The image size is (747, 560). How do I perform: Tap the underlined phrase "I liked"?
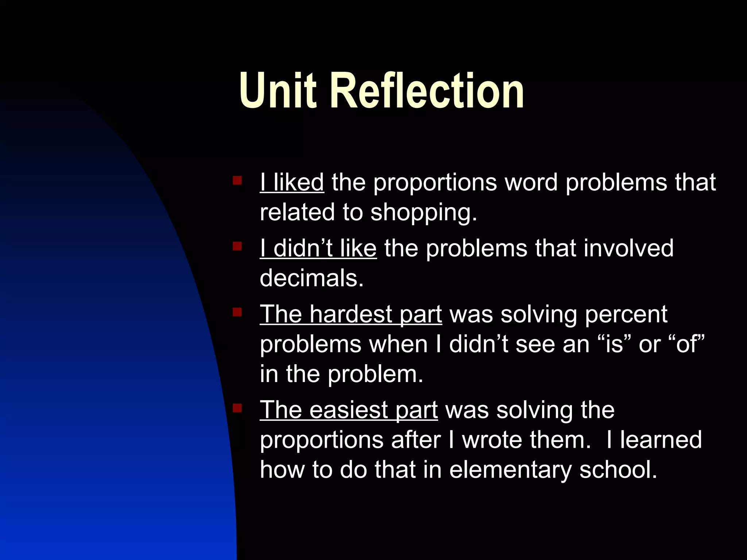click(x=292, y=182)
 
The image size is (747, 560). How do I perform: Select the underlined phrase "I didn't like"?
click(x=318, y=249)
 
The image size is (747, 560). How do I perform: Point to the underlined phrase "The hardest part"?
click(x=351, y=314)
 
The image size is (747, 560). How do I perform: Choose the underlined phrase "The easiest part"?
click(x=349, y=410)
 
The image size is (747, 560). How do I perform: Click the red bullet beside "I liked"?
click(x=237, y=180)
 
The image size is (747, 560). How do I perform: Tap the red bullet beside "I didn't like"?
click(x=237, y=246)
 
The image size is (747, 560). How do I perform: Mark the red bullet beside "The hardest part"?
click(x=237, y=312)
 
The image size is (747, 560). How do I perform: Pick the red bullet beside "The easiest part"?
click(x=237, y=408)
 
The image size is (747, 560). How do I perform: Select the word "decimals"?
click(x=311, y=279)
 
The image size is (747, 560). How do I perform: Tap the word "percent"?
click(x=626, y=314)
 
